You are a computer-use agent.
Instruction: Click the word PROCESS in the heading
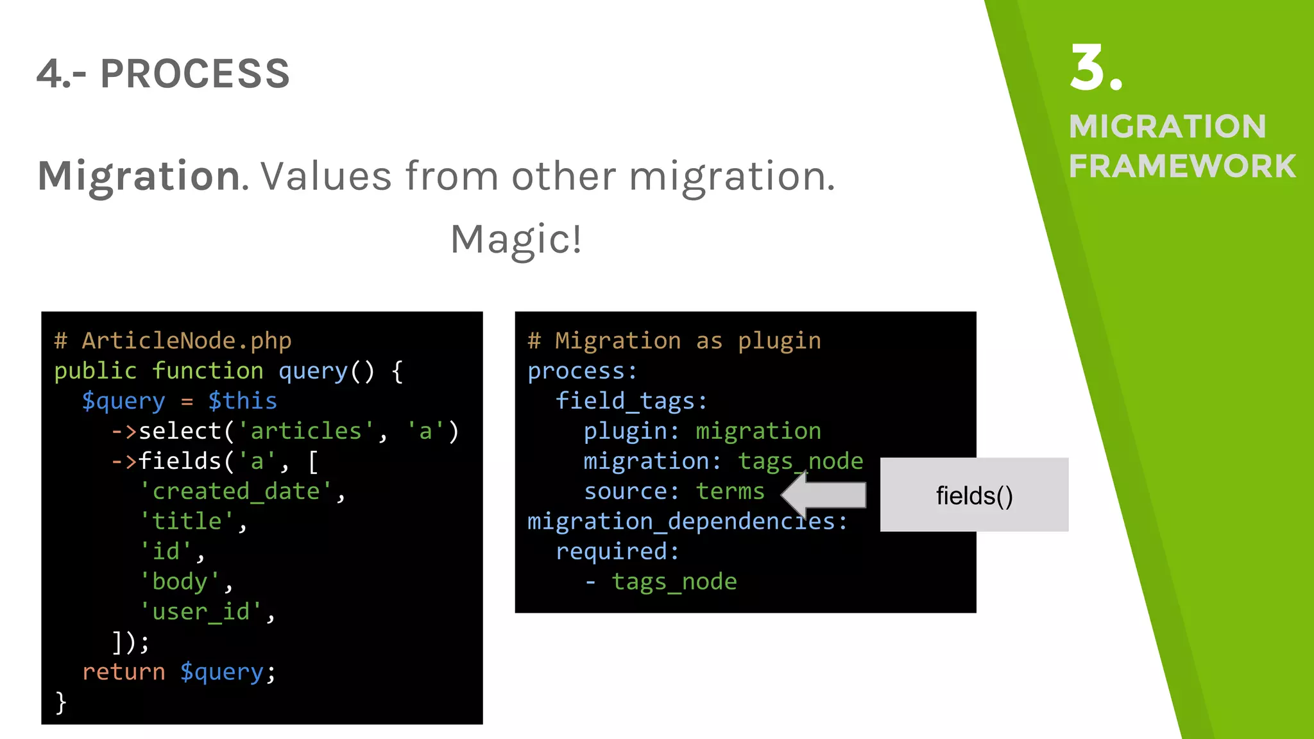[x=195, y=74]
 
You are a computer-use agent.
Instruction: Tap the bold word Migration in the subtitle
[x=139, y=176]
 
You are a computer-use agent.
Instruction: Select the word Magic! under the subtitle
[x=516, y=239]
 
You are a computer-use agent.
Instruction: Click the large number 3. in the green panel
[x=1096, y=69]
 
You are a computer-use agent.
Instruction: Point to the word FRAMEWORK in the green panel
[x=1182, y=167]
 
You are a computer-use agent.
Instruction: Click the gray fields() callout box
[x=974, y=495]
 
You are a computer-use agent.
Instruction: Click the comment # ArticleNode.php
[x=173, y=341]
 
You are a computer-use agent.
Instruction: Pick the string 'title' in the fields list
[x=187, y=521]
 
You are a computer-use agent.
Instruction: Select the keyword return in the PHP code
[x=123, y=672]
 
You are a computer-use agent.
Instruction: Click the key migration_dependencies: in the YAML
[x=687, y=522]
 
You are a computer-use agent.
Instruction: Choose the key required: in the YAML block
[x=617, y=552]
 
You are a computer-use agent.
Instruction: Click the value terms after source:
[x=730, y=491]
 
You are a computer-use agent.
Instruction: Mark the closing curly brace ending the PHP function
[x=61, y=702]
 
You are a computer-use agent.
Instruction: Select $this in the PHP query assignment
[x=243, y=401]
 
